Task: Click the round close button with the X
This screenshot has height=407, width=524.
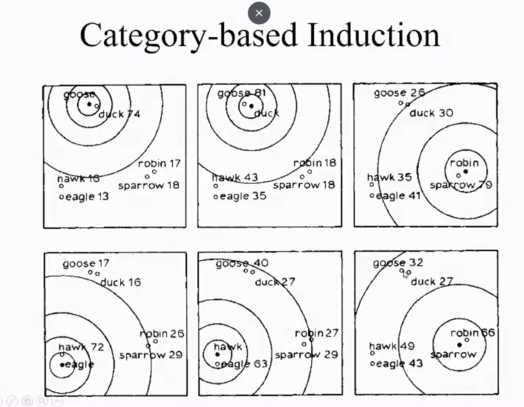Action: (259, 13)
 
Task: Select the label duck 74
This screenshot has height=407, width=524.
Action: (119, 114)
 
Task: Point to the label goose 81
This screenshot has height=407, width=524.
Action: (242, 93)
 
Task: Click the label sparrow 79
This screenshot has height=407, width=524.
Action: (461, 185)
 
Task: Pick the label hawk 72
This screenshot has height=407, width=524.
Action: (81, 347)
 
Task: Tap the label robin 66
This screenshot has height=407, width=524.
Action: (473, 333)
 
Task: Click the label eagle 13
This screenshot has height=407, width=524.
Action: (86, 197)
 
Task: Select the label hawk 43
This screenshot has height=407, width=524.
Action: (235, 177)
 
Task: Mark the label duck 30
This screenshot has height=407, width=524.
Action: (431, 113)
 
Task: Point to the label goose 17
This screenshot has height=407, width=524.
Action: (86, 263)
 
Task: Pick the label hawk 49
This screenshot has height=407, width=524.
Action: (392, 346)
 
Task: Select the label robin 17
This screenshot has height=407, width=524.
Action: (159, 163)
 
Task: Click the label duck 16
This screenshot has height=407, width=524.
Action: (120, 283)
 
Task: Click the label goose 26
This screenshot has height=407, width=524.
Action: (399, 93)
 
